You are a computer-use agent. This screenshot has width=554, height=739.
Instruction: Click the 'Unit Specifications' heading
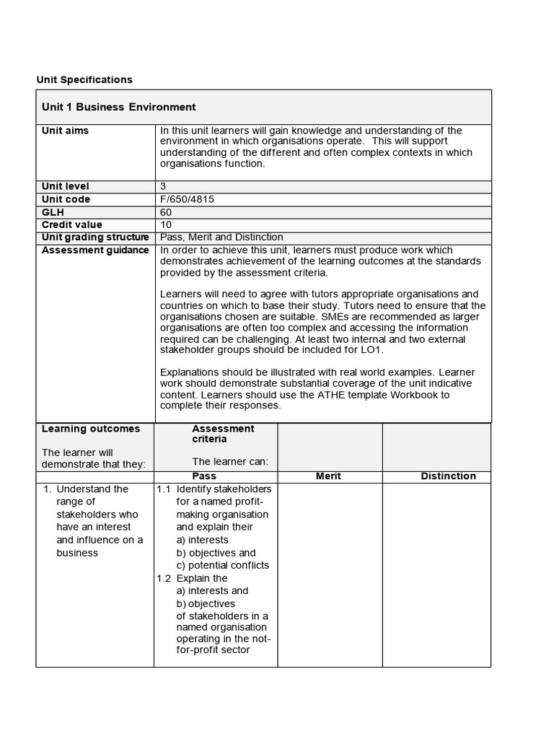tap(84, 79)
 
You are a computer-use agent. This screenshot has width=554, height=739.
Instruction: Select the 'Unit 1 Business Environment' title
tap(118, 107)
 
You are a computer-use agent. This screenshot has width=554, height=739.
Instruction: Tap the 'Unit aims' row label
tap(66, 131)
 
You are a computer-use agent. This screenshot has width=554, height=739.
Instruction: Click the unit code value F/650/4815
tap(187, 199)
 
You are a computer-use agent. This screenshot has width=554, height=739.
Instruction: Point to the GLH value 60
tap(166, 212)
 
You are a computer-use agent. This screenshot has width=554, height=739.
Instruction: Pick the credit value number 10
tap(166, 225)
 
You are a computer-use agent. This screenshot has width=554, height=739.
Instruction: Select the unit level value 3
tap(163, 186)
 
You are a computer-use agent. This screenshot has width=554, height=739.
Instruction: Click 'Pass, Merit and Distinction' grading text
tap(221, 237)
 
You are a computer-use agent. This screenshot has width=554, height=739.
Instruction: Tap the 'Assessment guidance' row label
tap(95, 250)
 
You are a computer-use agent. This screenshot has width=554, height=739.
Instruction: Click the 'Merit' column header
tap(329, 476)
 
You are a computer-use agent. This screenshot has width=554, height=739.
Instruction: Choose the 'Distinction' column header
tap(448, 476)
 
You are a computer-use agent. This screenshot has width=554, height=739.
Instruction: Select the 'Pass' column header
tap(204, 476)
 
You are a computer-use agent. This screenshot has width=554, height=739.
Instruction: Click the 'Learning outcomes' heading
tap(91, 429)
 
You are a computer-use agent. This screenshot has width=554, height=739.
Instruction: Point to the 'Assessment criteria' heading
tap(223, 434)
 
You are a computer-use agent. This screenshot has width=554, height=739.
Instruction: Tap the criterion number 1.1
tap(164, 489)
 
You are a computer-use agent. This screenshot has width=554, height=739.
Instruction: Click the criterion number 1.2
tap(164, 578)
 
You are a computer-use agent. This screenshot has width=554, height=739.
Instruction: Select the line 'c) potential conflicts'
tap(222, 566)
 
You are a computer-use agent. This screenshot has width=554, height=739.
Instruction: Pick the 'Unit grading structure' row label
tap(95, 237)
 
